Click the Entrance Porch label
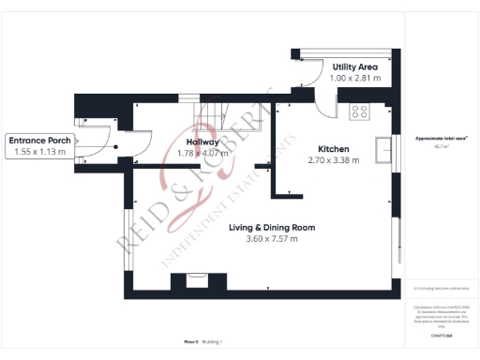(39, 141)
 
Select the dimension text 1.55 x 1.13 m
(39, 151)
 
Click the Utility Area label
(355, 67)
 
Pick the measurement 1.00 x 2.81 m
(355, 79)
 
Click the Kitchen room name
(334, 149)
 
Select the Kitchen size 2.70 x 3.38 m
(334, 160)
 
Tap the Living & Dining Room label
(271, 228)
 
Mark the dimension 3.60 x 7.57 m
(271, 239)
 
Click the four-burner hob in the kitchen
(359, 112)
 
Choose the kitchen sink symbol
(383, 150)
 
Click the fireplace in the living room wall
(196, 278)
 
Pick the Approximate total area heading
(435, 138)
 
